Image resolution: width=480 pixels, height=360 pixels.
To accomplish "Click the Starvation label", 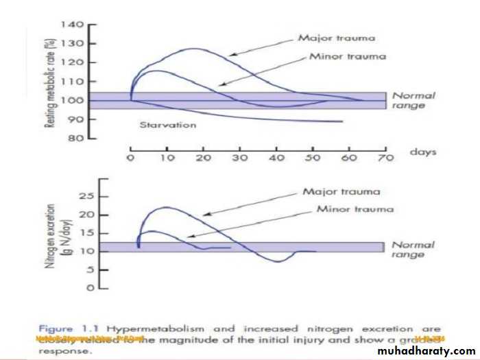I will pos(167,125).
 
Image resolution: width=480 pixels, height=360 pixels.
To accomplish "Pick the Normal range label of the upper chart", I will pos(413,101).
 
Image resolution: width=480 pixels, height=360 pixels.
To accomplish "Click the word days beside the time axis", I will pos(423,152).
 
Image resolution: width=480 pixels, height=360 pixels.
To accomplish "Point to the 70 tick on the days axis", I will pos(385,158).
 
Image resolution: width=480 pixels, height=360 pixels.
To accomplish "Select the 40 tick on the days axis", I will pos(276,158).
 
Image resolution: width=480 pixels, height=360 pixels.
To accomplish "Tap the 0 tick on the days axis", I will pos(130,158).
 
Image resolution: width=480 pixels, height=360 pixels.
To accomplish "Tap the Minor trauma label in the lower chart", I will pos(355,208).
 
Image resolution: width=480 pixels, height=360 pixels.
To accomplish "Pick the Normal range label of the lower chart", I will pos(413,250).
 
